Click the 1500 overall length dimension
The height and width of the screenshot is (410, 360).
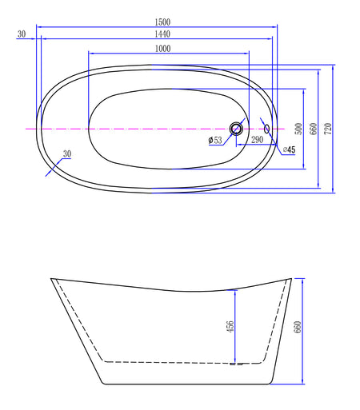[x=162, y=22]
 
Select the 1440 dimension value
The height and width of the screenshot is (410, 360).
[x=162, y=34]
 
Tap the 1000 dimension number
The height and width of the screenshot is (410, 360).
[x=162, y=49]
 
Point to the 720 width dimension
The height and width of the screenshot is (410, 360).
[x=328, y=129]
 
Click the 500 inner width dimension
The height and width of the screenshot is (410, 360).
[x=299, y=129]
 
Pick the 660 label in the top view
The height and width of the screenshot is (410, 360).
[x=314, y=129]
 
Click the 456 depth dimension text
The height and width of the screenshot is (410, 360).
[x=230, y=326]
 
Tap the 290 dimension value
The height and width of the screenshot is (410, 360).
[x=257, y=140]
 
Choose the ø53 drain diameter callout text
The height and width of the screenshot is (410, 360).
[x=215, y=140]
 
